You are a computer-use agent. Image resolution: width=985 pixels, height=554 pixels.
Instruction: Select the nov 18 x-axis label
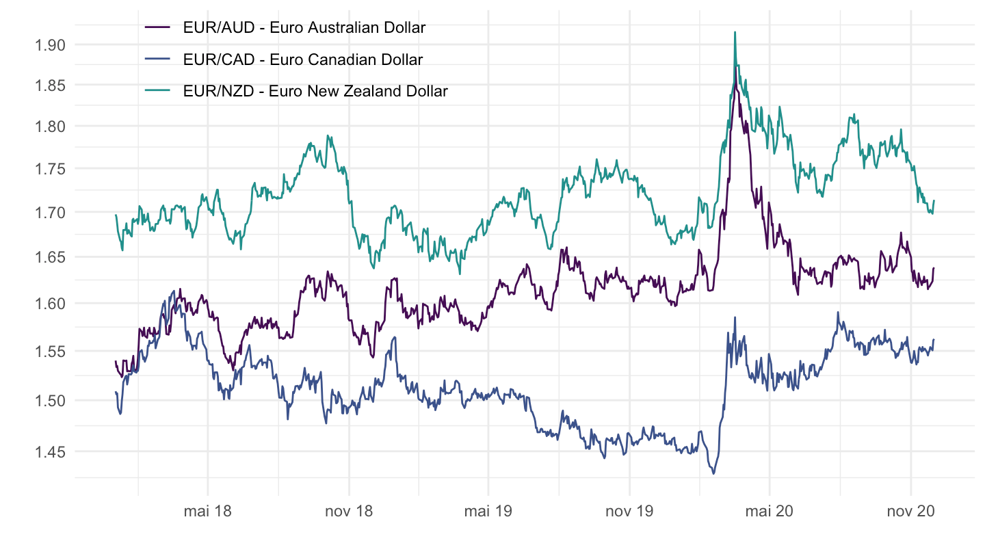[x=349, y=511]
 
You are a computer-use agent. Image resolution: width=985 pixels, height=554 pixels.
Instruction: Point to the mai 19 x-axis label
[x=488, y=511]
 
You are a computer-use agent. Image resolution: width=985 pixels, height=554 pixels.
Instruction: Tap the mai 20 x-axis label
[x=769, y=511]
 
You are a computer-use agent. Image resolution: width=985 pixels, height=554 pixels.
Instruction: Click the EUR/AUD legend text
[x=304, y=28]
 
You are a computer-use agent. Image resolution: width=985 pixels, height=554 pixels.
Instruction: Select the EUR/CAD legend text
[x=303, y=60]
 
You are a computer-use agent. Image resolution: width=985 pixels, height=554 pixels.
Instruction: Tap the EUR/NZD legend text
[x=315, y=91]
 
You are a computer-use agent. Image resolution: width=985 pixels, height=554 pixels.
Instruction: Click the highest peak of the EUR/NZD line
[x=735, y=32]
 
